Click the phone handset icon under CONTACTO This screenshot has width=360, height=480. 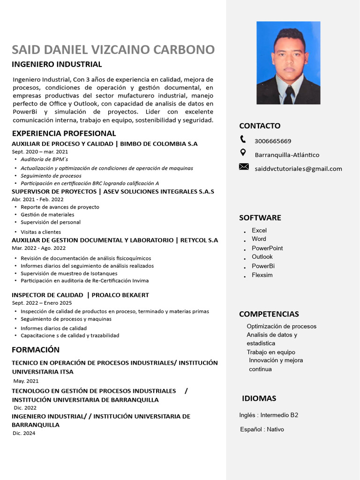(x=243, y=139)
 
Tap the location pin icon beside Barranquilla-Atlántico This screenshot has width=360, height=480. (x=243, y=152)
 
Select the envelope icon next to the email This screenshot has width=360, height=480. (x=244, y=166)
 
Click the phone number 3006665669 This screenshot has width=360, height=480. (x=273, y=141)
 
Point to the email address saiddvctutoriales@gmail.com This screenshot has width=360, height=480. (x=298, y=169)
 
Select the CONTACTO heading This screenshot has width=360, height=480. (x=260, y=126)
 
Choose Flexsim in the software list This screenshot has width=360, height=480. (x=262, y=275)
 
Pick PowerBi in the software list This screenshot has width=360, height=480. (x=263, y=266)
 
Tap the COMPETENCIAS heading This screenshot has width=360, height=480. (x=269, y=314)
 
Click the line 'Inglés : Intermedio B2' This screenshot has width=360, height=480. (x=269, y=415)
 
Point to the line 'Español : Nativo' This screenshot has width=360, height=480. (x=262, y=429)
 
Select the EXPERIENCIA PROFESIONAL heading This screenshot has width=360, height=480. (x=64, y=134)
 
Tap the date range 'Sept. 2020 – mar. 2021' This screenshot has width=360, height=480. (x=40, y=152)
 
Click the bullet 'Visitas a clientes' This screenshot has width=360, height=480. (x=41, y=232)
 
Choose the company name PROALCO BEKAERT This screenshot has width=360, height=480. (x=120, y=295)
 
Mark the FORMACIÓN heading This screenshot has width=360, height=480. (x=36, y=350)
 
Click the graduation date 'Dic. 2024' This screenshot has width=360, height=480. (x=24, y=433)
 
